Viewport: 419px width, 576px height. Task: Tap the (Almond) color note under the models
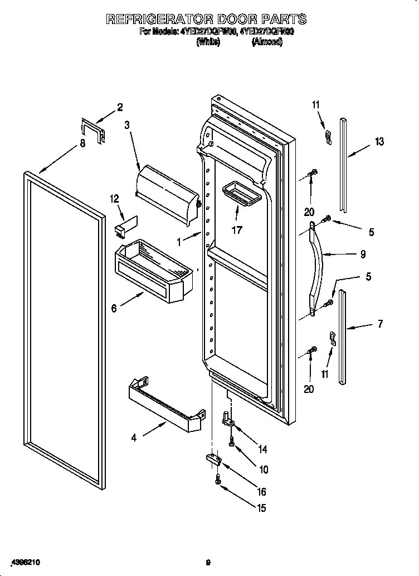pos(267,42)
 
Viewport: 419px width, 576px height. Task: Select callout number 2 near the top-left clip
pos(119,107)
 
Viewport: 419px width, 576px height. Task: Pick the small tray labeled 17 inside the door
pos(240,195)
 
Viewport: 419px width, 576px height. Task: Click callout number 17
pos(237,229)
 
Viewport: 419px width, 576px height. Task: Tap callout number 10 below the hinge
pos(264,469)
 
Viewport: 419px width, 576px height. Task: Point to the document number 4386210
pos(23,563)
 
